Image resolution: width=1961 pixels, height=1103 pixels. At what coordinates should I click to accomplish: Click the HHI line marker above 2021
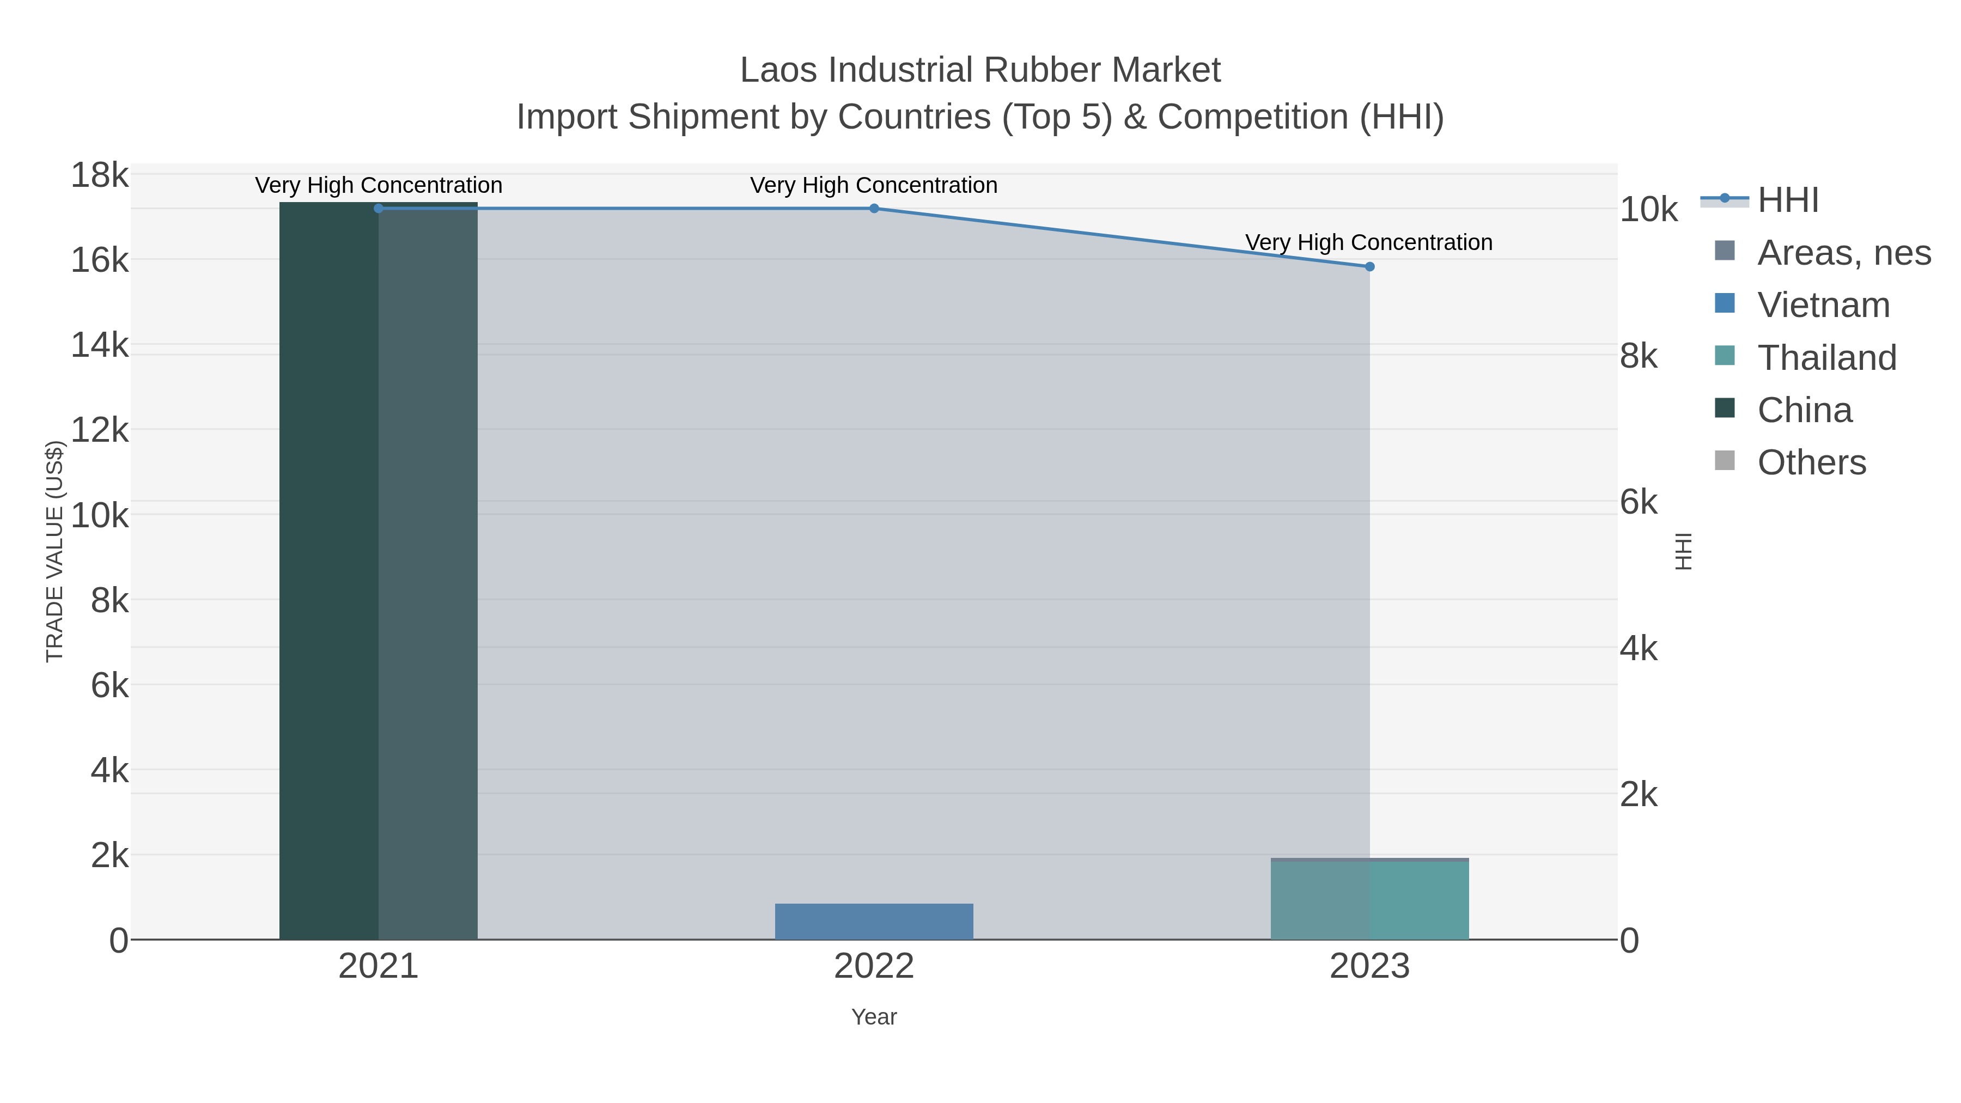point(379,209)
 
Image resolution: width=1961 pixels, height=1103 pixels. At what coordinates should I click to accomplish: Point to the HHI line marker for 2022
point(874,209)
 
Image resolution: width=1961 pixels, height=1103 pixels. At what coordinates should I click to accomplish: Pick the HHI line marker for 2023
point(1369,266)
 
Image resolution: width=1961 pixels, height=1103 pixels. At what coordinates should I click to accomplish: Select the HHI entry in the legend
point(1787,200)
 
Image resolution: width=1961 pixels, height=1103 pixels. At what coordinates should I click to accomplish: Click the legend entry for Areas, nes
point(1843,253)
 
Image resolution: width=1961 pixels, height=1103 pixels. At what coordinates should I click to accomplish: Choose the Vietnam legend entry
point(1823,305)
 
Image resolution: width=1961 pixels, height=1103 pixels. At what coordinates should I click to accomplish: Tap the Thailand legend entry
point(1826,358)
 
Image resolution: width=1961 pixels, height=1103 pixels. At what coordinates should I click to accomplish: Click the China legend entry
point(1804,410)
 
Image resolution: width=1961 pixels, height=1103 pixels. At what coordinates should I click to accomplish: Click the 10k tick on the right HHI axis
point(1648,210)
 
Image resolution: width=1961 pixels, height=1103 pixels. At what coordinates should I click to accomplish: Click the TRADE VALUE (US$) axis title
point(55,551)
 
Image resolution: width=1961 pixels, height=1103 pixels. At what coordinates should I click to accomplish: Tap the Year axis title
point(874,1017)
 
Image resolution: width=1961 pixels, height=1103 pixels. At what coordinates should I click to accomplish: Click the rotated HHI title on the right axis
point(1683,551)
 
